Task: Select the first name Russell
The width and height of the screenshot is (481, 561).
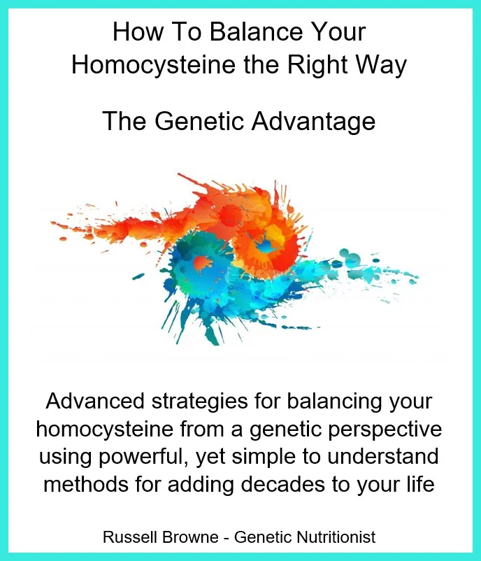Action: click(131, 537)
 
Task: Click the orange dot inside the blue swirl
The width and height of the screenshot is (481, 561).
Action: click(201, 262)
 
